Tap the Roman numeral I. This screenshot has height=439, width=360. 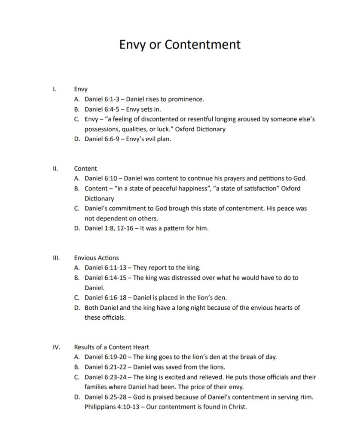click(53, 89)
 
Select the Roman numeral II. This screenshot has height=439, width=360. click(54, 169)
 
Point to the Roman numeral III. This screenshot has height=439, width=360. click(55, 258)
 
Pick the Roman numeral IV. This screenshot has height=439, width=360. click(55, 347)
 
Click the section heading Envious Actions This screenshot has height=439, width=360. click(96, 258)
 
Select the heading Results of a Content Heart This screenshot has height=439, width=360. click(111, 347)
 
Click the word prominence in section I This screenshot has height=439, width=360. click(187, 99)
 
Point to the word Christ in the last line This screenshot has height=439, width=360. click(238, 406)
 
